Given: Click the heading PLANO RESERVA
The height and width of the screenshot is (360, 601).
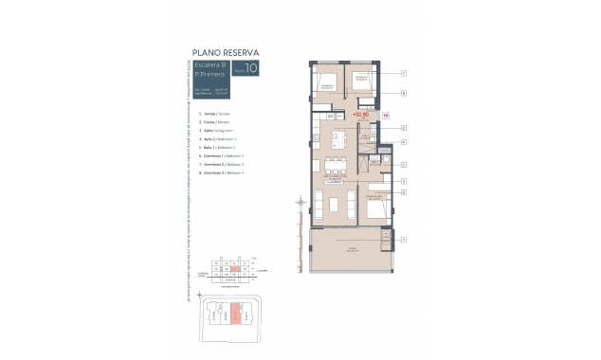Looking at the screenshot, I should click(x=226, y=52).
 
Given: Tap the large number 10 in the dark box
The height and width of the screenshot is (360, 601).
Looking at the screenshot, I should click(x=250, y=68).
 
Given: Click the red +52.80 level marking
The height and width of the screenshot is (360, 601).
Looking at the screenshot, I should click(x=359, y=115).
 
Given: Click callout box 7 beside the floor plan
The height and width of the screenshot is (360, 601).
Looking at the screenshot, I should click(x=403, y=73).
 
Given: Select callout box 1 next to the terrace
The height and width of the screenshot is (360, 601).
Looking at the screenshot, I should click(x=403, y=240).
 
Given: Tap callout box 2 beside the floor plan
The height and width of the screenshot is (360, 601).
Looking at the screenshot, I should click(x=403, y=127).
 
